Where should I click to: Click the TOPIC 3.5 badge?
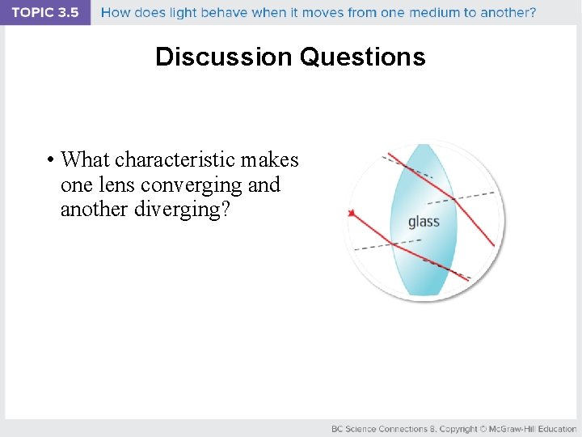(x=45, y=13)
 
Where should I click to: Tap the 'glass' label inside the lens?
(x=424, y=222)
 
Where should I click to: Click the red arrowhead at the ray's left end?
(x=352, y=213)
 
